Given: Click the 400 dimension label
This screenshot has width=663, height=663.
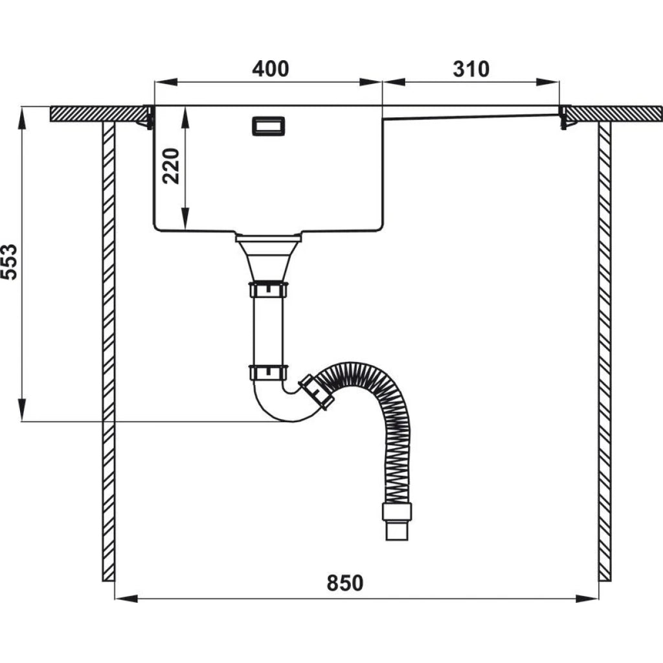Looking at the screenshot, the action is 271,69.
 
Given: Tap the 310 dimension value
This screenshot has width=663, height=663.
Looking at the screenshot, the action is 471,69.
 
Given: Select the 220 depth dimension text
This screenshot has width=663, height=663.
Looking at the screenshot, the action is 171,166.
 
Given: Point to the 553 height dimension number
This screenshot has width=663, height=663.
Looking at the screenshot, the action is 9,262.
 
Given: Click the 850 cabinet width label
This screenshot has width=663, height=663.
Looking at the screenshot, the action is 345,583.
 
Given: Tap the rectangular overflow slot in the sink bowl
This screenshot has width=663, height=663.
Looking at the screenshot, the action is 269,126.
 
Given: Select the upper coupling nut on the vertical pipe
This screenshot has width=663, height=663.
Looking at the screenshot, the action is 269,289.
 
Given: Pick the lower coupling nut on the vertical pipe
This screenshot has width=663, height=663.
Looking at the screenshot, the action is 269,372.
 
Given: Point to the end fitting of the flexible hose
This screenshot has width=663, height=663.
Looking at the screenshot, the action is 397,521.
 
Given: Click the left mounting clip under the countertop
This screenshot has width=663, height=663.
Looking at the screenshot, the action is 146,118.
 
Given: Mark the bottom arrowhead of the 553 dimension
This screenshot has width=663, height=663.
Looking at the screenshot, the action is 21,410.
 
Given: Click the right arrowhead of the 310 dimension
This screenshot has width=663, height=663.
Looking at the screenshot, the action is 548,82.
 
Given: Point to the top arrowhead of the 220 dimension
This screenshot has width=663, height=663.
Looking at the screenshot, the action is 185,118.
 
